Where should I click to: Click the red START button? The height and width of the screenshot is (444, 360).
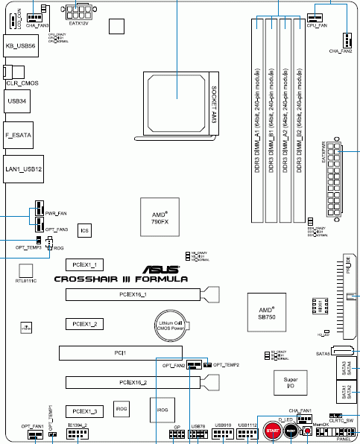tap(272, 432)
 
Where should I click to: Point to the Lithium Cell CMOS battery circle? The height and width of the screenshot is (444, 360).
tap(170, 325)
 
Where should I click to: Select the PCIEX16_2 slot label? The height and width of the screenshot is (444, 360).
tap(133, 382)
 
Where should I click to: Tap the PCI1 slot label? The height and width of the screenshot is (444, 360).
tap(120, 352)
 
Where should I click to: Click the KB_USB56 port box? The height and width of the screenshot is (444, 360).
tap(21, 45)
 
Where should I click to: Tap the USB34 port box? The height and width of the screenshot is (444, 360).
tap(17, 99)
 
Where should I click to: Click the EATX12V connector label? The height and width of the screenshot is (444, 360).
tap(78, 23)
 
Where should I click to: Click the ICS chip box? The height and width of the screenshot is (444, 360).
tap(85, 232)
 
